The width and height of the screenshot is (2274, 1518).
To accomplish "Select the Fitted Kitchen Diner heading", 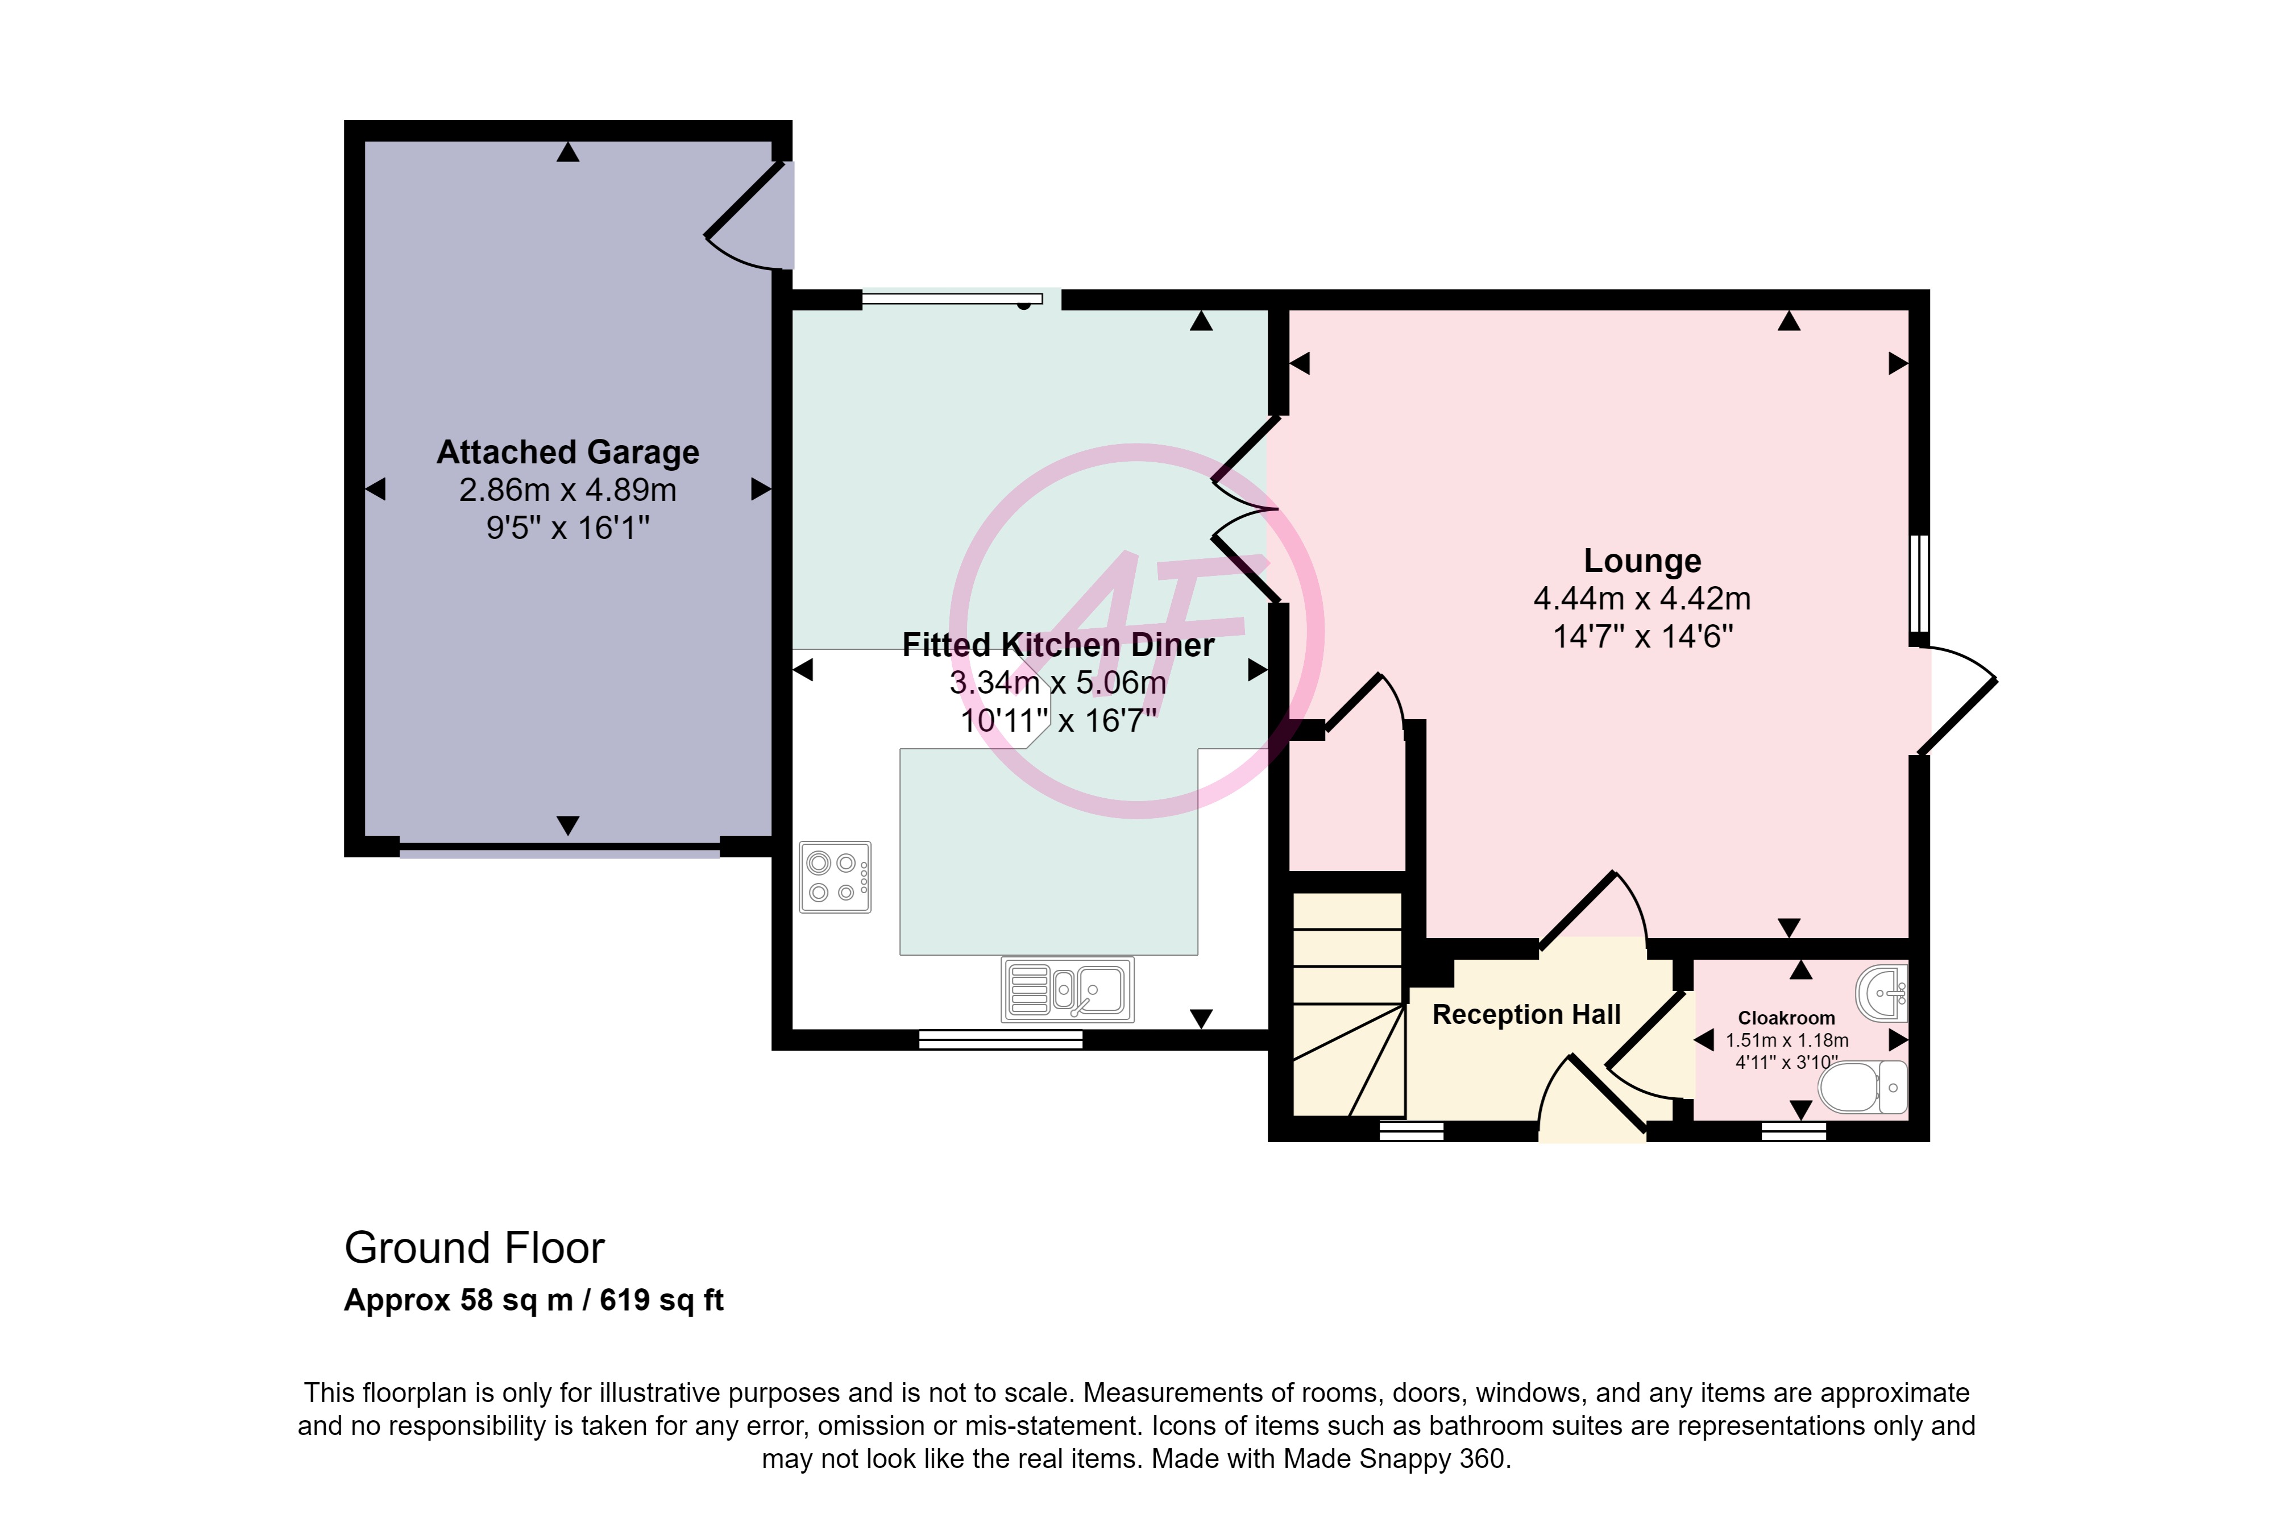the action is point(1058,645).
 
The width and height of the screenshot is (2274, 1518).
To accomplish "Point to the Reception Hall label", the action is point(1526,1015).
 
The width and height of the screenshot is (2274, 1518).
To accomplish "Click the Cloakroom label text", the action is point(1786,1018).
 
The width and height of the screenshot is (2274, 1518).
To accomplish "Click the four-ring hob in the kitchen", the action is point(835,877).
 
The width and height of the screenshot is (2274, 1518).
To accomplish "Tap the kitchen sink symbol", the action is point(1067,989).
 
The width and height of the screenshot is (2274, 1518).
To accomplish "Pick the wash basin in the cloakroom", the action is point(1882,992).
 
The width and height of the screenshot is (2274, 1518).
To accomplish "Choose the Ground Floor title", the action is point(474,1248).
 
